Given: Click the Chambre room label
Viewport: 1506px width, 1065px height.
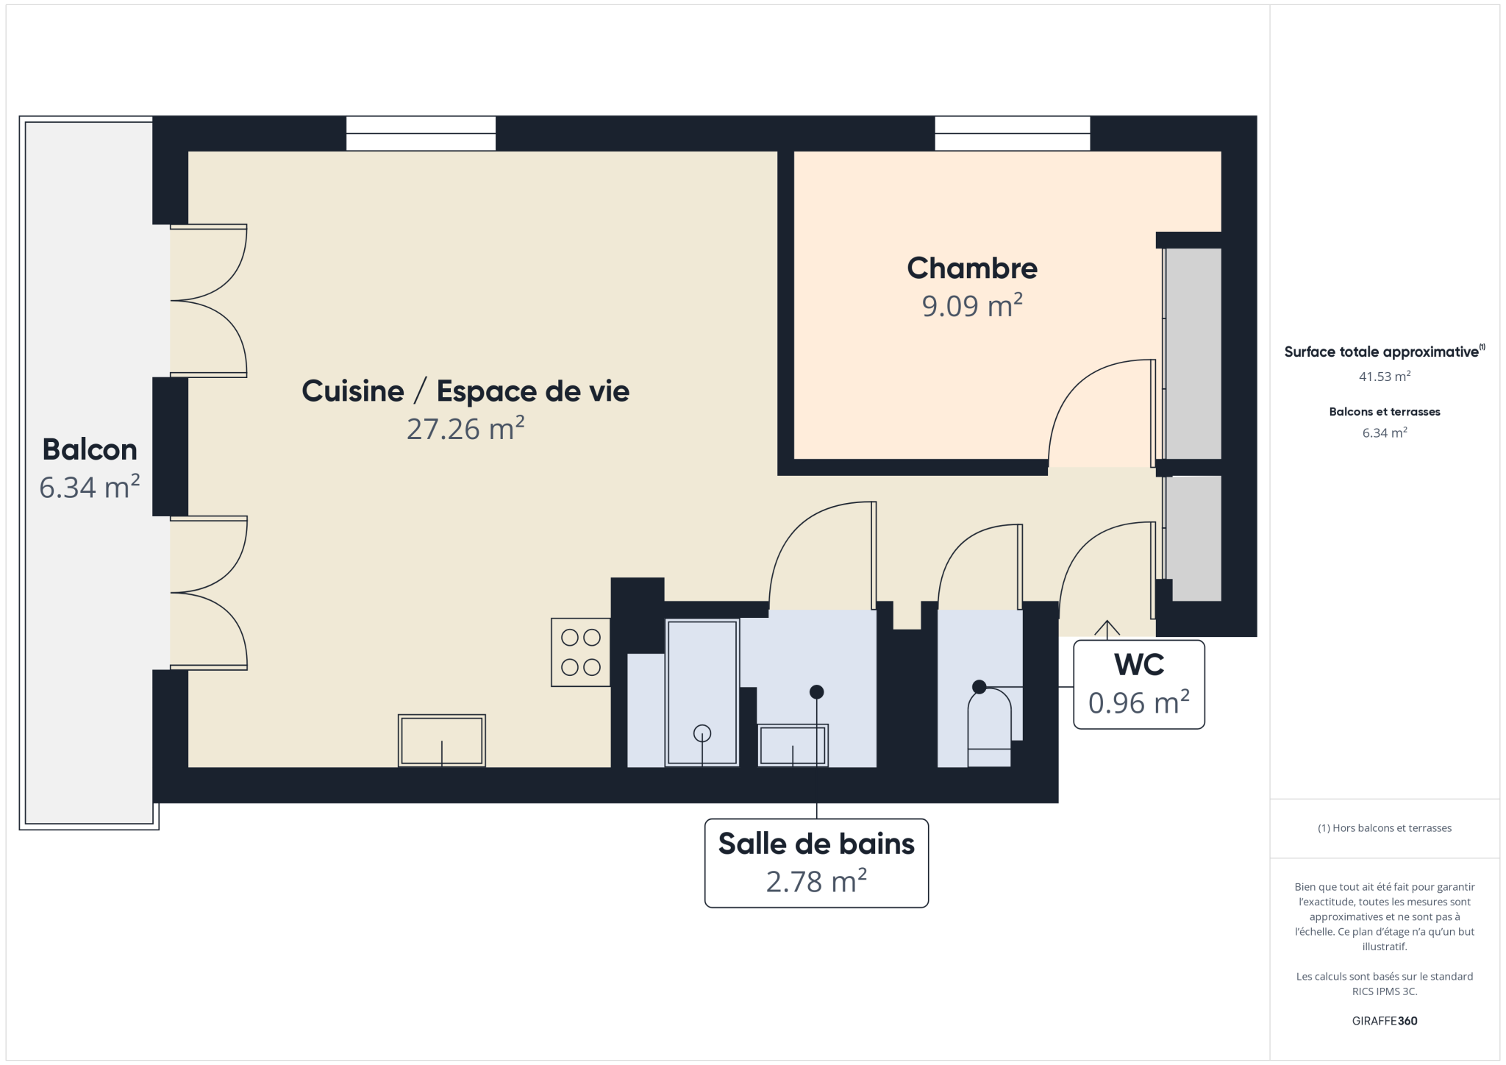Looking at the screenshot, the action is (x=972, y=268).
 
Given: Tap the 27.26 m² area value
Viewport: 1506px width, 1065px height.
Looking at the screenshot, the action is (x=465, y=429).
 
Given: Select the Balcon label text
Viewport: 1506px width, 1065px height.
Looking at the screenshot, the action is (x=90, y=449).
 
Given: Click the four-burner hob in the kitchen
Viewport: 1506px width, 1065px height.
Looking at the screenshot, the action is (x=581, y=652).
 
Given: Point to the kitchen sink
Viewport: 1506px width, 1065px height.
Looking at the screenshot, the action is (x=442, y=741).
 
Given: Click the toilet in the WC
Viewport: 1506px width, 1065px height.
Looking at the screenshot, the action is (x=989, y=727).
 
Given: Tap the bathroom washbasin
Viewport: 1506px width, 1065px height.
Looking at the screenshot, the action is (x=793, y=745).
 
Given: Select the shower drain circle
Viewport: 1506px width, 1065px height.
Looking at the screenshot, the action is (x=702, y=733).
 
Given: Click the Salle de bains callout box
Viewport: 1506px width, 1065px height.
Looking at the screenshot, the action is (x=816, y=863).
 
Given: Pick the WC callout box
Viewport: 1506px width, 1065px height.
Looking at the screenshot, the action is (x=1139, y=685).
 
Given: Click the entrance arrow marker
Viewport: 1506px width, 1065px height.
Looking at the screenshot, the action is (x=1107, y=628).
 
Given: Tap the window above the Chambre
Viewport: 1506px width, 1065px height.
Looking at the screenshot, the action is (x=1013, y=133).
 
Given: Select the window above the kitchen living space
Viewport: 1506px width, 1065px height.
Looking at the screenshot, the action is (x=421, y=133).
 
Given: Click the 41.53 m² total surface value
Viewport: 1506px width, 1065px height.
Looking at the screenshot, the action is (x=1385, y=377).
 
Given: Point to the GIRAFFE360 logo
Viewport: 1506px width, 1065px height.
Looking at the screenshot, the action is (x=1385, y=1021).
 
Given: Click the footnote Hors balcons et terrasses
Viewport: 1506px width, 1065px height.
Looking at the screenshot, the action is (x=1385, y=828).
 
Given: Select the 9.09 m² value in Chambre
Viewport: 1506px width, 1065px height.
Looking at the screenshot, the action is (x=972, y=306).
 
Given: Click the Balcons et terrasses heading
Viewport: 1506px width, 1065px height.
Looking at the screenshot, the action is (x=1385, y=412).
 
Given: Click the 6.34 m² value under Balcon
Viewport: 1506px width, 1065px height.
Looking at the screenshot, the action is (x=90, y=488).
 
